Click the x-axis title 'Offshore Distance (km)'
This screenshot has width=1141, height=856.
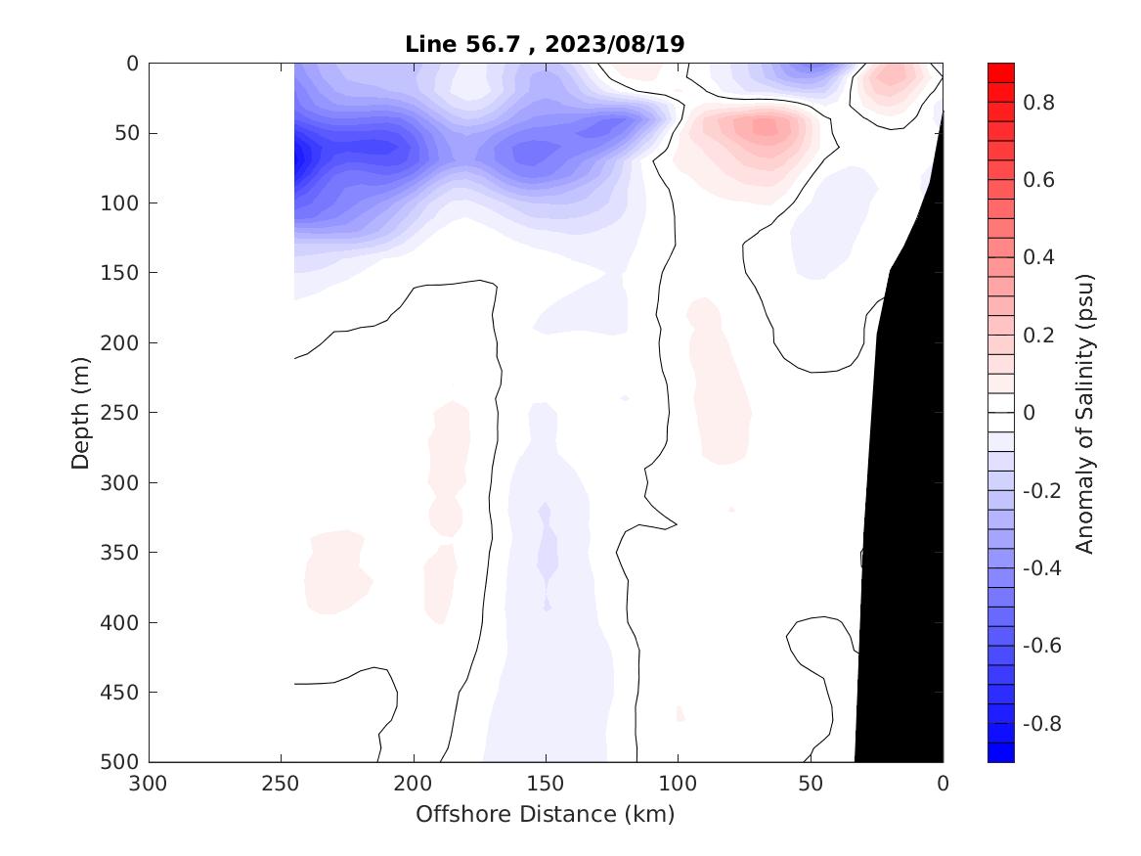545,814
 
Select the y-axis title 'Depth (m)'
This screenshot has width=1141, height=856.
81,412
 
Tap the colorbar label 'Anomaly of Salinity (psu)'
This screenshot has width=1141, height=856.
1084,413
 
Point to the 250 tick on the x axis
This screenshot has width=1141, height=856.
282,784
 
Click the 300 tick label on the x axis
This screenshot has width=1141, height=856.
150,784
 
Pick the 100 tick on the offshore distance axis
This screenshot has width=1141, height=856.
678,784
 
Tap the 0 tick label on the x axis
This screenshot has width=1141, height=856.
943,784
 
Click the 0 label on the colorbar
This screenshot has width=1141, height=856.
1029,413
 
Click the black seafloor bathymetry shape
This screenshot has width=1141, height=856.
904,489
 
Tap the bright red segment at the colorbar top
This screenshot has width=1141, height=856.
1001,71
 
